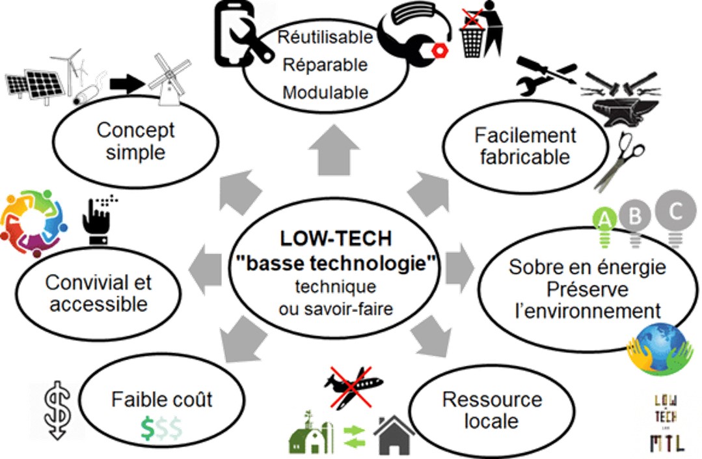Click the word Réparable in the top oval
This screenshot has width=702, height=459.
tap(325, 64)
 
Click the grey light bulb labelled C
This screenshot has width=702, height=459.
tap(675, 217)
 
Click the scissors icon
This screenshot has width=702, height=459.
tap(618, 159)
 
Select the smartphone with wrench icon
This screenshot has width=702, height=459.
tap(238, 36)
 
